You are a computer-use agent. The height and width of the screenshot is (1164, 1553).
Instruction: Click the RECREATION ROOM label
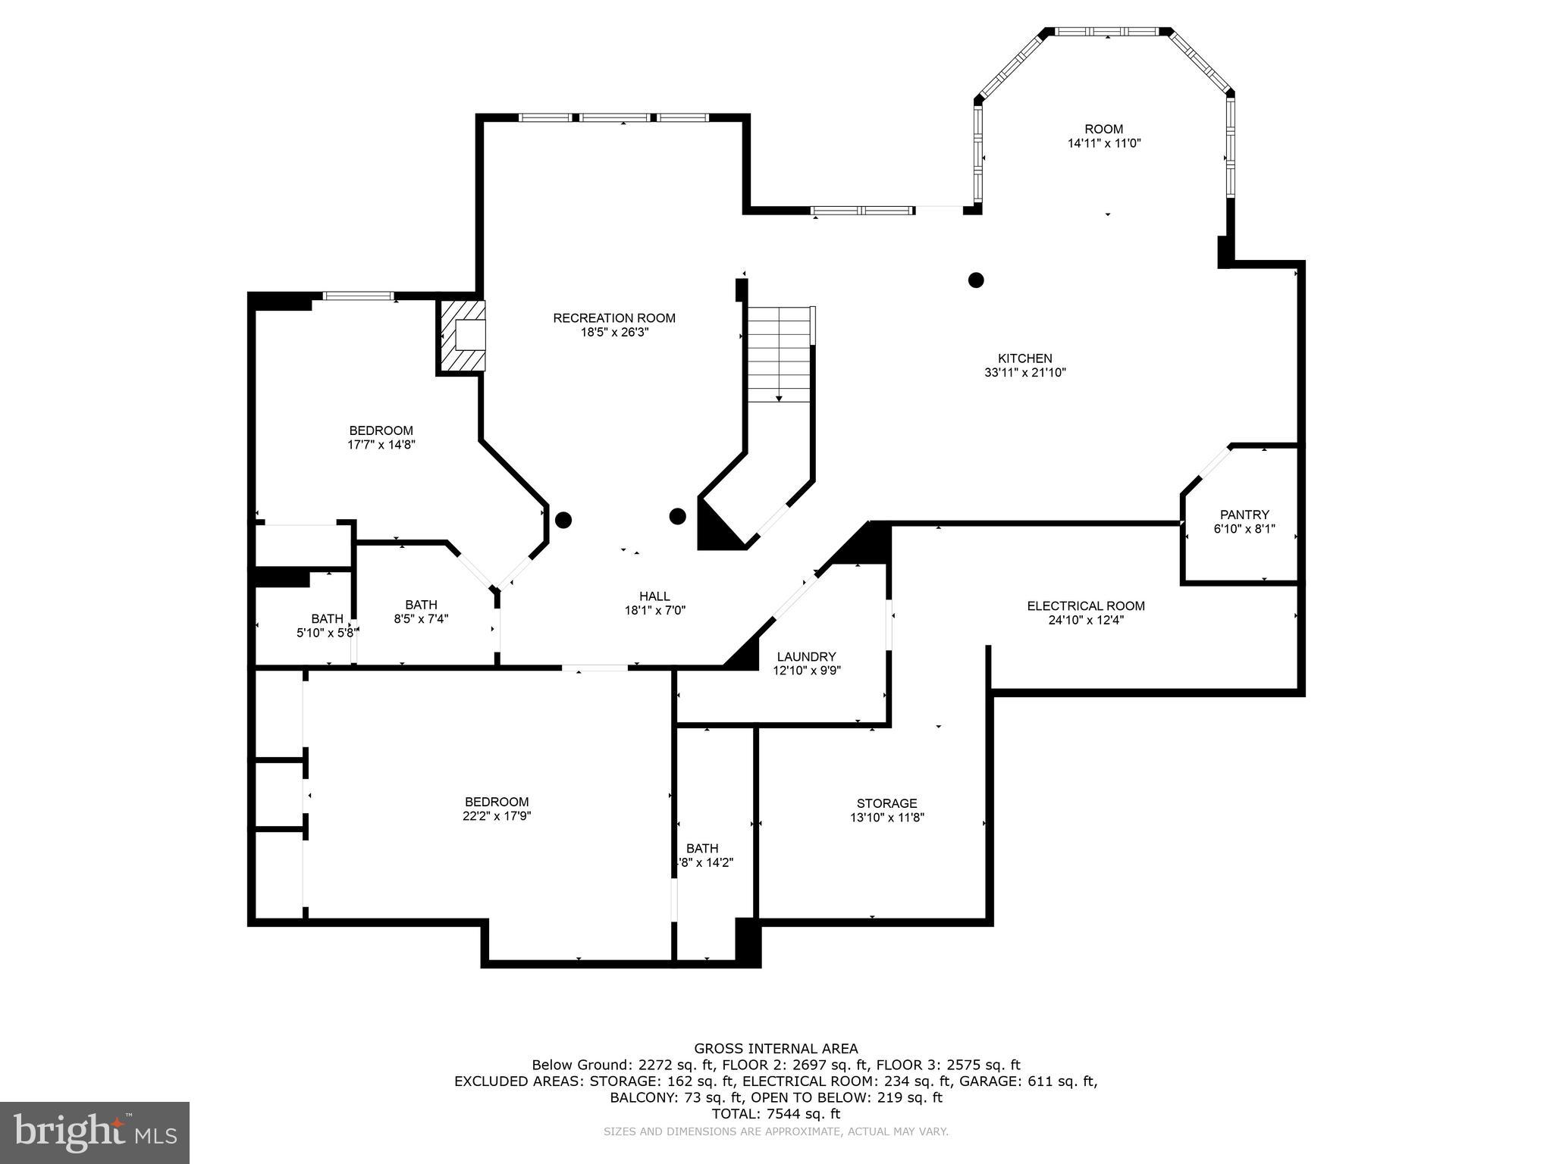point(613,318)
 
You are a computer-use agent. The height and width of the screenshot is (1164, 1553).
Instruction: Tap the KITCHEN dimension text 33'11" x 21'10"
point(1024,373)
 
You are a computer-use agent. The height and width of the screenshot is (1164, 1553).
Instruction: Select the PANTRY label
point(1244,515)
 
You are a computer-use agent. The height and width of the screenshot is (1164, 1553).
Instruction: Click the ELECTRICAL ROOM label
point(1085,605)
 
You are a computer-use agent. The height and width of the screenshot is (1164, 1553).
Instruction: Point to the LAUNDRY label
point(806,656)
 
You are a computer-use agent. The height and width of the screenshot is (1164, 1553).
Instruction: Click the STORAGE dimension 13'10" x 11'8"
point(886,818)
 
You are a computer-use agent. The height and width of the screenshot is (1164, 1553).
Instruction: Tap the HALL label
point(654,596)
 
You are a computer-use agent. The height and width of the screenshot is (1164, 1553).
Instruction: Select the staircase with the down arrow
point(780,355)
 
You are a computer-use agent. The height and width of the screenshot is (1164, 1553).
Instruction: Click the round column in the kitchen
point(976,280)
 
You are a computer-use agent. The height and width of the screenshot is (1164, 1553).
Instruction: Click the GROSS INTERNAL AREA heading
point(776,1049)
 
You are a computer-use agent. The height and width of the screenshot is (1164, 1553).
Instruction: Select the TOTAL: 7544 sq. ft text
point(776,1114)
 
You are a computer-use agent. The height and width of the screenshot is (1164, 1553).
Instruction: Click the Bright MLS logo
point(95,1132)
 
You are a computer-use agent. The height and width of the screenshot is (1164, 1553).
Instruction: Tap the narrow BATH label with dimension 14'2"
point(702,848)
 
